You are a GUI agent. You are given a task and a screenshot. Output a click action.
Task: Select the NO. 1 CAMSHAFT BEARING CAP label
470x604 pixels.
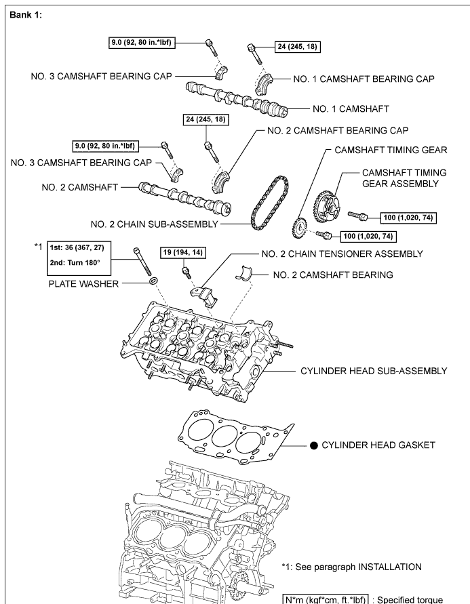tap(364, 79)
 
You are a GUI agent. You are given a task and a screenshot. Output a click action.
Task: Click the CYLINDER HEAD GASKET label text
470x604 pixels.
tap(378, 445)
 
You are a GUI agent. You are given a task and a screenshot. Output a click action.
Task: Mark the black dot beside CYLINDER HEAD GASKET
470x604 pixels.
tap(314, 445)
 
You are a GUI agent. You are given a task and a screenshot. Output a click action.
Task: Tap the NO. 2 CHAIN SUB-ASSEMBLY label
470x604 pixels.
tap(155, 223)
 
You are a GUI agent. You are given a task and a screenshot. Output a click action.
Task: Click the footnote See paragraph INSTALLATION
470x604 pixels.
tap(351, 567)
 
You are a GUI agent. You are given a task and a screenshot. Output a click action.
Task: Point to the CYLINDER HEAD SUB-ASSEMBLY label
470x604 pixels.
tap(374, 371)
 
